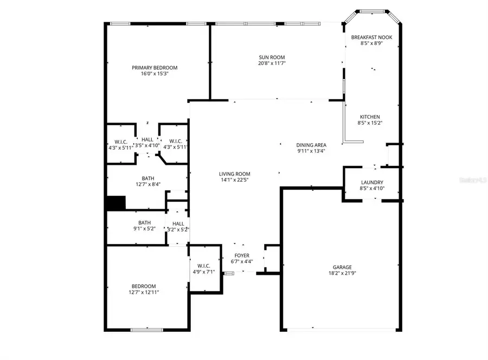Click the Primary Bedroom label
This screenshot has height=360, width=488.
[155, 68]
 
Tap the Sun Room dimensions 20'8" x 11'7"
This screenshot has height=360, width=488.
[271, 63]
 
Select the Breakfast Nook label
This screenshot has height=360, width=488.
[371, 37]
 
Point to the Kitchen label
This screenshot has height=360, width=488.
[370, 117]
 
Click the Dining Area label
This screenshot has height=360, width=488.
[311, 145]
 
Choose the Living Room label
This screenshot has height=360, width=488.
[235, 173]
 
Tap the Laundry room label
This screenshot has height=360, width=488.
[372, 182]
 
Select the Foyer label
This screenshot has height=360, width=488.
[242, 255]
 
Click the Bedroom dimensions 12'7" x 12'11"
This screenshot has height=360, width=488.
[143, 292]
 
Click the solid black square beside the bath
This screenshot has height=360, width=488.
[115, 203]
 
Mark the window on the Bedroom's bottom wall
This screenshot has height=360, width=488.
[146, 330]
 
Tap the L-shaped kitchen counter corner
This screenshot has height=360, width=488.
[345, 142]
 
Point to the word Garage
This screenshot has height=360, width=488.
[342, 267]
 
